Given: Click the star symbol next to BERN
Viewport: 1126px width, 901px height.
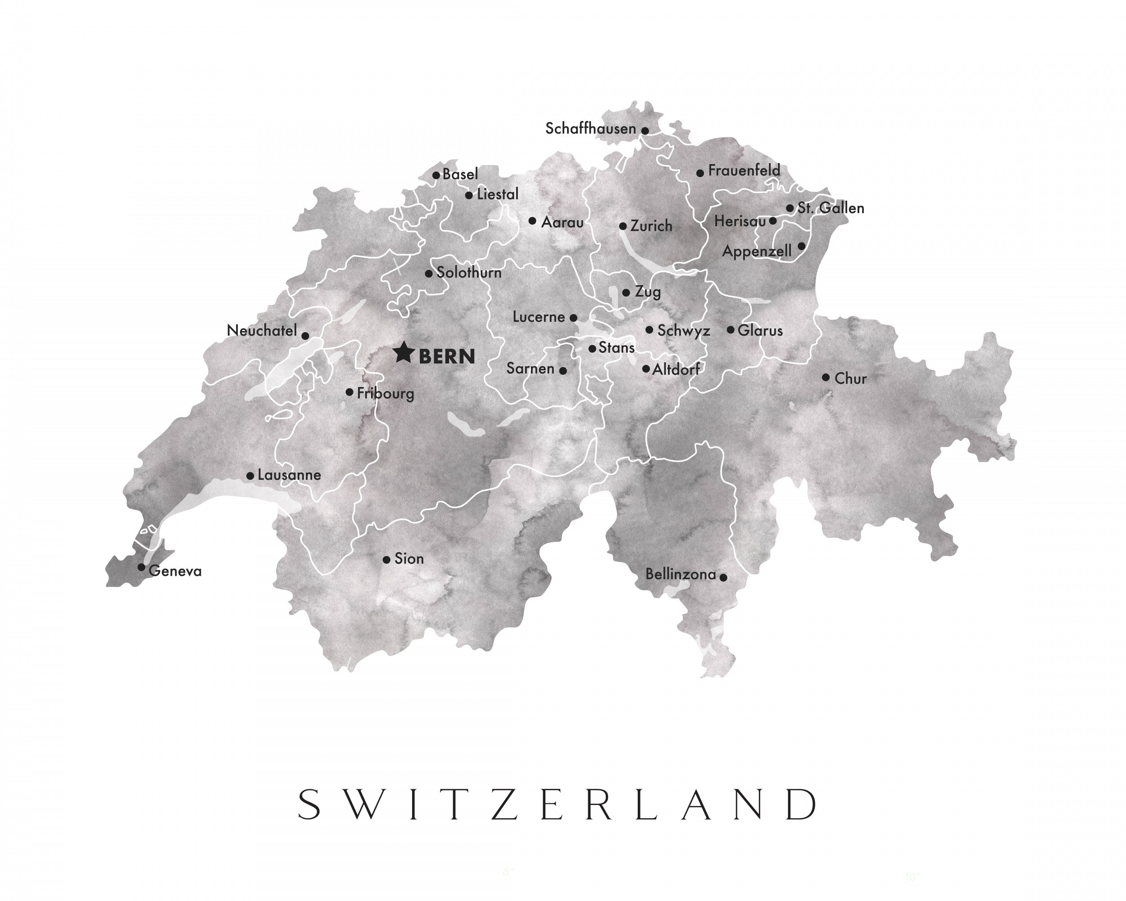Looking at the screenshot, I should pyautogui.click(x=403, y=353).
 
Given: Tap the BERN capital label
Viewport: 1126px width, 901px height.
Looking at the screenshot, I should pyautogui.click(x=447, y=357).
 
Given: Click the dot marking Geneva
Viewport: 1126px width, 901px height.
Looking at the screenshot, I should pyautogui.click(x=141, y=567).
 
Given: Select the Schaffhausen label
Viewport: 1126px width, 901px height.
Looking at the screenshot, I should pyautogui.click(x=590, y=128).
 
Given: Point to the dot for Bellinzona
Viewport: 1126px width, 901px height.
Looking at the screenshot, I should pyautogui.click(x=723, y=577).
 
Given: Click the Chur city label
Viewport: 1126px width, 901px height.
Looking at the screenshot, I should pyautogui.click(x=850, y=379).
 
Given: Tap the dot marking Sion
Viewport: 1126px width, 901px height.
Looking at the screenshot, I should pyautogui.click(x=386, y=560).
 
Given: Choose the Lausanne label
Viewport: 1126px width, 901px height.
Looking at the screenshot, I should pyautogui.click(x=289, y=475).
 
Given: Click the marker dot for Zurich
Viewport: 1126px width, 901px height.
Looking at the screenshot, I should pyautogui.click(x=622, y=226).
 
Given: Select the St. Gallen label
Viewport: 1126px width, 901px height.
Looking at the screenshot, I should pyautogui.click(x=831, y=208).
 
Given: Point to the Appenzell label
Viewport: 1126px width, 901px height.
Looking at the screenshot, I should pyautogui.click(x=756, y=252).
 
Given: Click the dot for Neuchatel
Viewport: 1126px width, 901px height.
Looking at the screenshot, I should pyautogui.click(x=305, y=336).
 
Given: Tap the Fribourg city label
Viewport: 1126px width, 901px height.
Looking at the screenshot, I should pyautogui.click(x=386, y=393).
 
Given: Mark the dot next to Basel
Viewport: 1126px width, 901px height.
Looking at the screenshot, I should pyautogui.click(x=436, y=175).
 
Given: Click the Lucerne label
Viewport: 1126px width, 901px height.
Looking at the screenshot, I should pyautogui.click(x=539, y=317).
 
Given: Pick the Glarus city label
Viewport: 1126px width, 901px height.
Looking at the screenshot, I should pyautogui.click(x=760, y=331).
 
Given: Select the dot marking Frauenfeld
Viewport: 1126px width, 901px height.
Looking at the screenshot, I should pyautogui.click(x=700, y=173).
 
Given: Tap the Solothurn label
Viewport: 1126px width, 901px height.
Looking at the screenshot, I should pyautogui.click(x=468, y=273).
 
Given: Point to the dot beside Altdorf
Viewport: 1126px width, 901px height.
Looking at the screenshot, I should pyautogui.click(x=646, y=369).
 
